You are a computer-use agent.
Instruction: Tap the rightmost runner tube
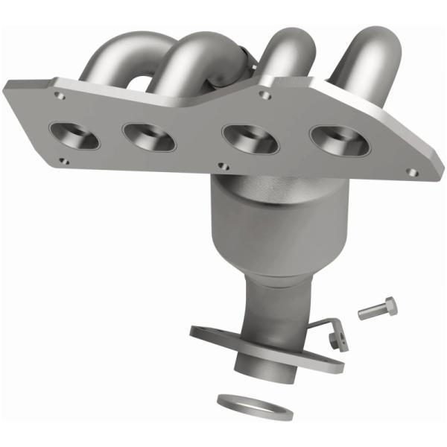tap(372, 48)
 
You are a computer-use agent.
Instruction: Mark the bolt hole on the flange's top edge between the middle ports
tap(264, 95)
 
